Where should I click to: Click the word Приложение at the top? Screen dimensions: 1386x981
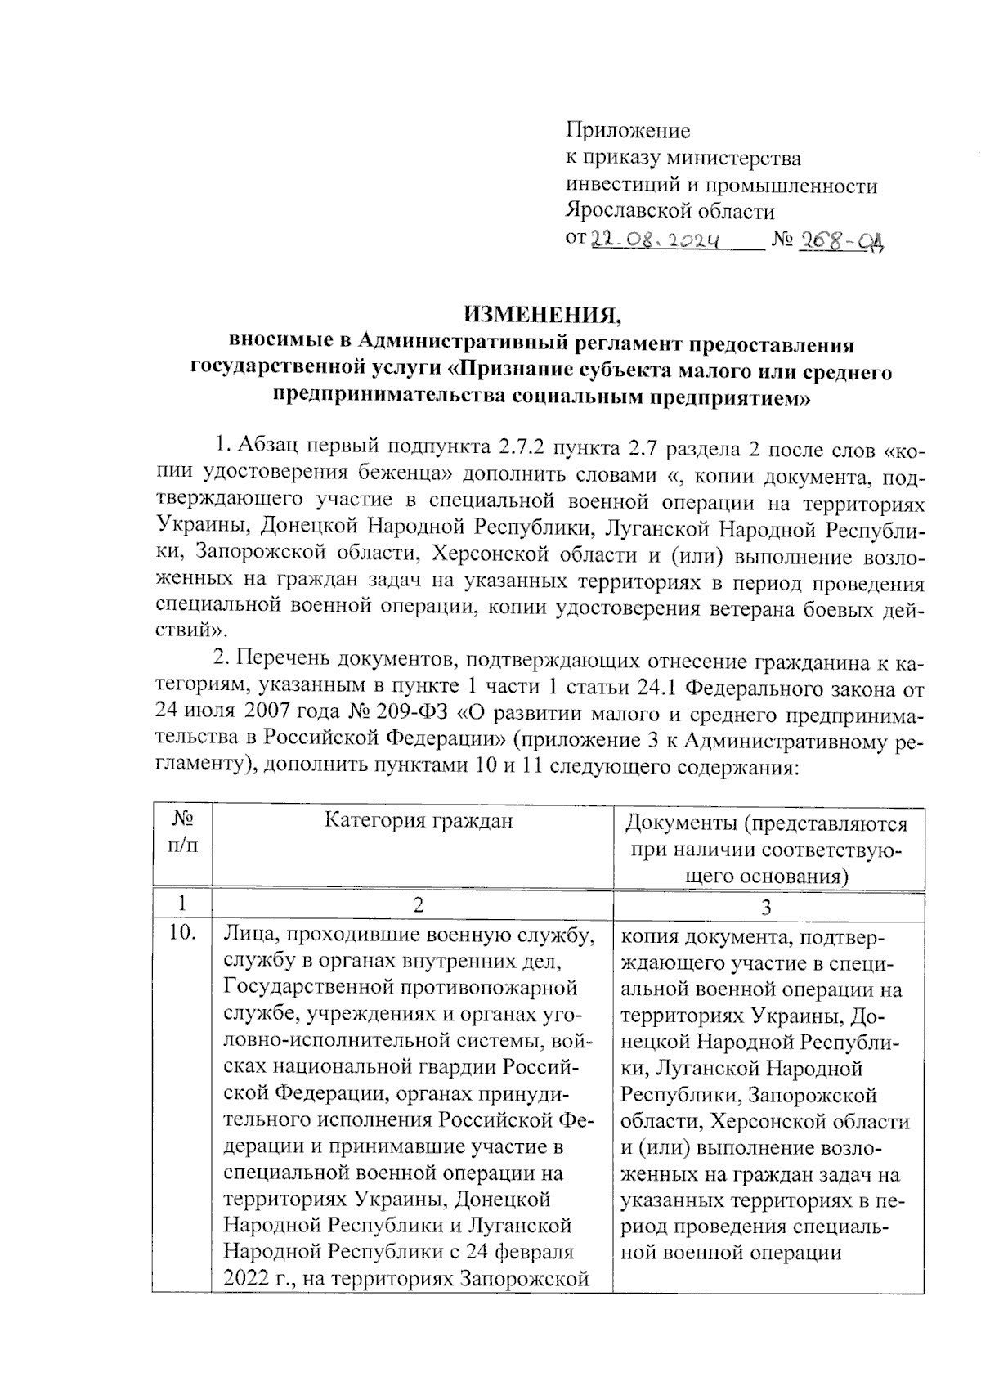click(628, 131)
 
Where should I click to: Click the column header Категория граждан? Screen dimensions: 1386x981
click(419, 820)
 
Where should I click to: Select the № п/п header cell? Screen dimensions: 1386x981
click(182, 832)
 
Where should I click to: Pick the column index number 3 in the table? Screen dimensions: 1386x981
click(766, 907)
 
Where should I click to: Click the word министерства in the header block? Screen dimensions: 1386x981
click(735, 158)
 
